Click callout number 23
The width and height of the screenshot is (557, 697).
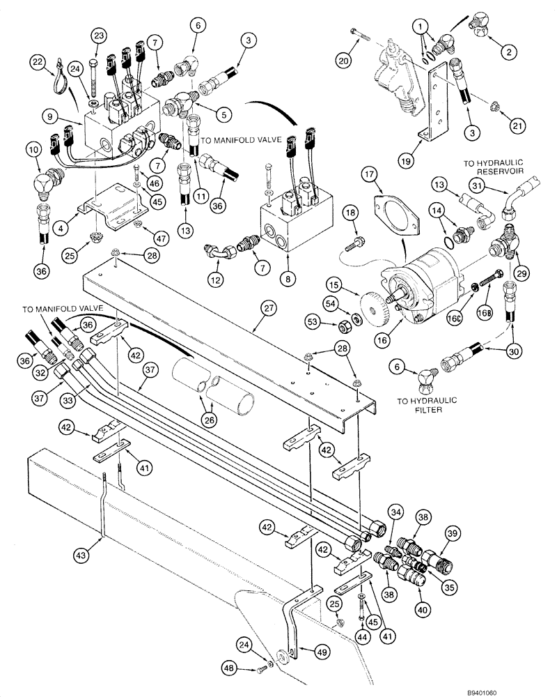coord(100,36)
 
